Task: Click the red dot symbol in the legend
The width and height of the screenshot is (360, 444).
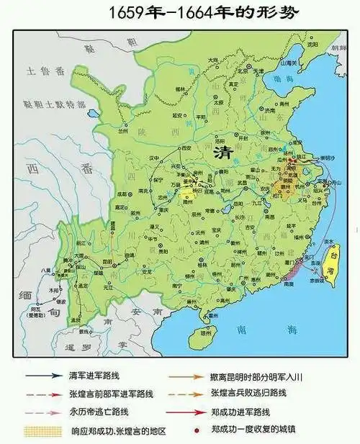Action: [191, 430]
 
